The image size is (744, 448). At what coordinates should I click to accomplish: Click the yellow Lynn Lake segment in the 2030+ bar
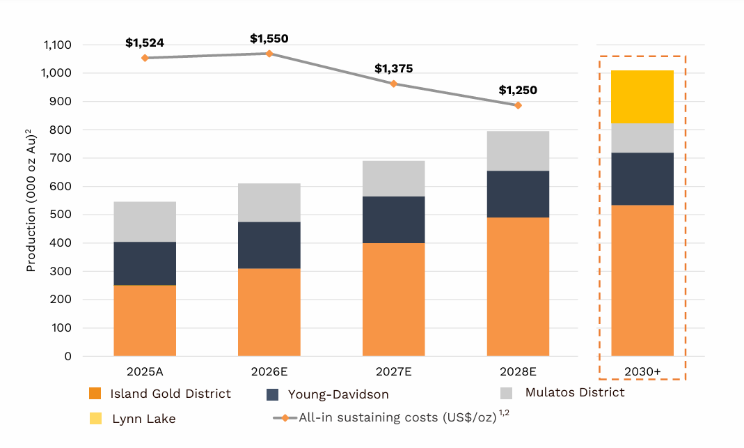click(x=642, y=97)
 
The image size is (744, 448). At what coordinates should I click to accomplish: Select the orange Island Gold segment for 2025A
click(x=145, y=320)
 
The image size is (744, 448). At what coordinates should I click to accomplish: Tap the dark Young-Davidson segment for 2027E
click(x=394, y=219)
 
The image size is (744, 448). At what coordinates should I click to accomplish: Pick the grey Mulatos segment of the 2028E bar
click(x=518, y=150)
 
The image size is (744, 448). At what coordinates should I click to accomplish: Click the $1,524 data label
click(x=145, y=43)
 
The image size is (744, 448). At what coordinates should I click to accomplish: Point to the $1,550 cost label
click(x=269, y=39)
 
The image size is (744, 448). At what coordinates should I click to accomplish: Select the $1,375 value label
click(x=394, y=69)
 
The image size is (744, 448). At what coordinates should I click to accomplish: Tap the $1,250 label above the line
click(x=518, y=91)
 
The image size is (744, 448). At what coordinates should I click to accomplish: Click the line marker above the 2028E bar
click(x=518, y=105)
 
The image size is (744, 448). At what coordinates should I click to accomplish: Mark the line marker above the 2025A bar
click(x=145, y=58)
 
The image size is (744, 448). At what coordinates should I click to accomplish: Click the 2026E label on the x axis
click(x=269, y=371)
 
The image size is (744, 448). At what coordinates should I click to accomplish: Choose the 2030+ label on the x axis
click(x=642, y=371)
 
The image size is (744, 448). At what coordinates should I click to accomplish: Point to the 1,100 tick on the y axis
click(x=58, y=45)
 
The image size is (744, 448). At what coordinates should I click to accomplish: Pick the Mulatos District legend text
click(x=575, y=392)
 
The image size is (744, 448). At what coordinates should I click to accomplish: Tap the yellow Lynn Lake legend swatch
click(x=96, y=419)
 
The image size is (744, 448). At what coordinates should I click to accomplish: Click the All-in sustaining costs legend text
click(x=397, y=418)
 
